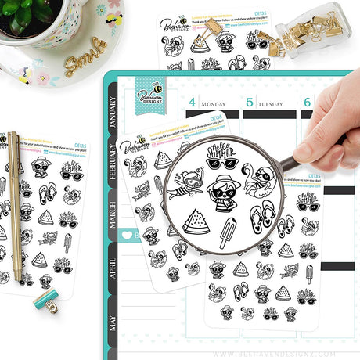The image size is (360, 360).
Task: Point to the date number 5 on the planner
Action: click(250, 102)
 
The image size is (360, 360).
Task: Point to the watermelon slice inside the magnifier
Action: click(196, 221)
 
